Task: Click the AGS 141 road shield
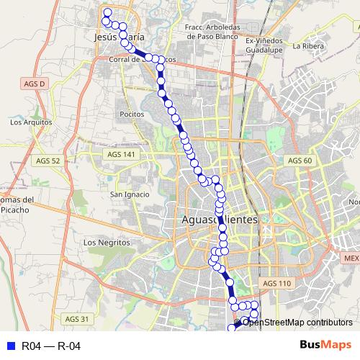coord(120,154)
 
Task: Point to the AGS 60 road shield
coord(297,160)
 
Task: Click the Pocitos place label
coord(132,114)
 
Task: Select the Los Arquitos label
coord(27,122)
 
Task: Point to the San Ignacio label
coord(129,194)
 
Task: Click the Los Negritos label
coord(107,243)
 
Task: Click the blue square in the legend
coord(10,346)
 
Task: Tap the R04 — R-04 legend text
coord(50,346)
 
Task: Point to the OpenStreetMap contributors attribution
coord(297,322)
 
